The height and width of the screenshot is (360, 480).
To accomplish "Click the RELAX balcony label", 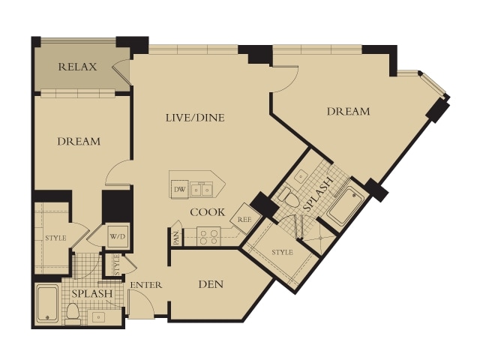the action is tap(77, 67).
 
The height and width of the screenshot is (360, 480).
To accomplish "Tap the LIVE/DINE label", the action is tap(195, 118).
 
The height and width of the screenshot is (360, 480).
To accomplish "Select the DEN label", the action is tap(211, 284).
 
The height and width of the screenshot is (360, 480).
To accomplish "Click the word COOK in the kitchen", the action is tap(208, 212).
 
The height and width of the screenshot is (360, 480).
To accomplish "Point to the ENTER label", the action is tap(146, 285).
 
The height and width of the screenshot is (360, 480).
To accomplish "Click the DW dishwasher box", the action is tap(180, 190).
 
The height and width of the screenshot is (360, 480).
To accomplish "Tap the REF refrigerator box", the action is tap(245, 219).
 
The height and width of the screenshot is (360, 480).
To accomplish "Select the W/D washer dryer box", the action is tap(118, 236).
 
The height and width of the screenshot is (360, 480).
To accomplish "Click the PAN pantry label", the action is tap(177, 238).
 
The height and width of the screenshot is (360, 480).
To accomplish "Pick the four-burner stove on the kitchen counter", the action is tap(208, 236).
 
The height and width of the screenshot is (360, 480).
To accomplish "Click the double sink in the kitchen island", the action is tap(202, 190).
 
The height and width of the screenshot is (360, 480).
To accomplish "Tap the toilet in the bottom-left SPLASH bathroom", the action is tap(73, 313).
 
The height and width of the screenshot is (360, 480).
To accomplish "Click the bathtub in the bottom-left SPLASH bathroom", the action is tap(47, 303).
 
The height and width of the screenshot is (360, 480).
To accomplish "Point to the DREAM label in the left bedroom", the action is tap(79, 142).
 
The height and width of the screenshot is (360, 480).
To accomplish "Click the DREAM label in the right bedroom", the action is tap(348, 111).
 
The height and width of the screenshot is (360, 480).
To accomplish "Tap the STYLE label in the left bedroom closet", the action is tap(55, 238).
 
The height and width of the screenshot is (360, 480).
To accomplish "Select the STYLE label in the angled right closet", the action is tap(283, 252).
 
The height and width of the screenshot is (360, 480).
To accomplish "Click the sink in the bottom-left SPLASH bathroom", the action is tap(99, 317).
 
